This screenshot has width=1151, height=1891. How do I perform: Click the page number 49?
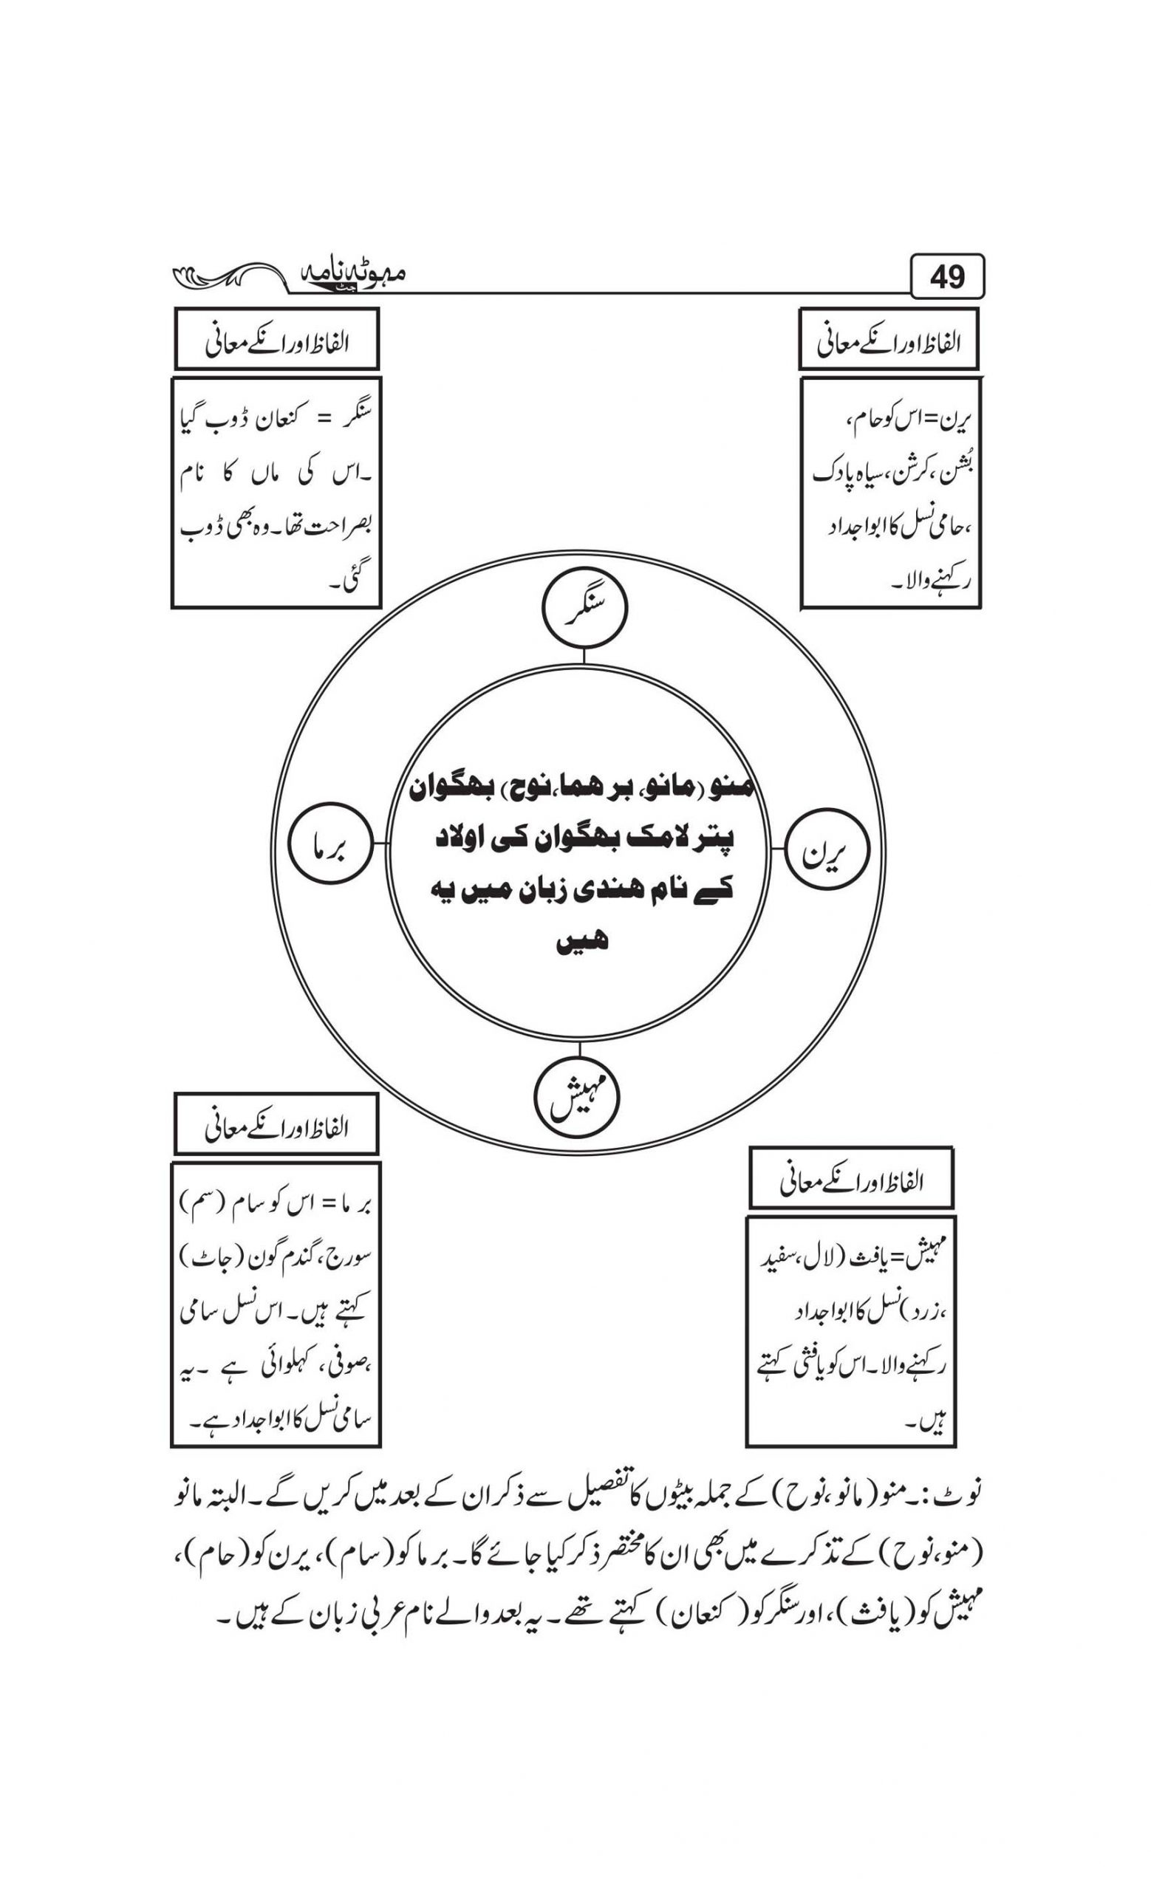(x=947, y=276)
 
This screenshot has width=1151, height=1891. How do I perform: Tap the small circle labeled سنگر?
(x=584, y=609)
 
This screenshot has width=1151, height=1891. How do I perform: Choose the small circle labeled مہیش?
(x=575, y=1100)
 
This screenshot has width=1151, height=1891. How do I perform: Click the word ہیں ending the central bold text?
(x=581, y=940)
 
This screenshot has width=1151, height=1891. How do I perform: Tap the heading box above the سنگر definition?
(x=276, y=339)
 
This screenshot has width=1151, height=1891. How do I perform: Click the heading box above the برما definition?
(x=276, y=1124)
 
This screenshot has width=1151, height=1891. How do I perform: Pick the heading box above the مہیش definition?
(x=851, y=1178)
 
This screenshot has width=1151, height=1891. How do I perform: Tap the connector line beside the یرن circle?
(x=776, y=849)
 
